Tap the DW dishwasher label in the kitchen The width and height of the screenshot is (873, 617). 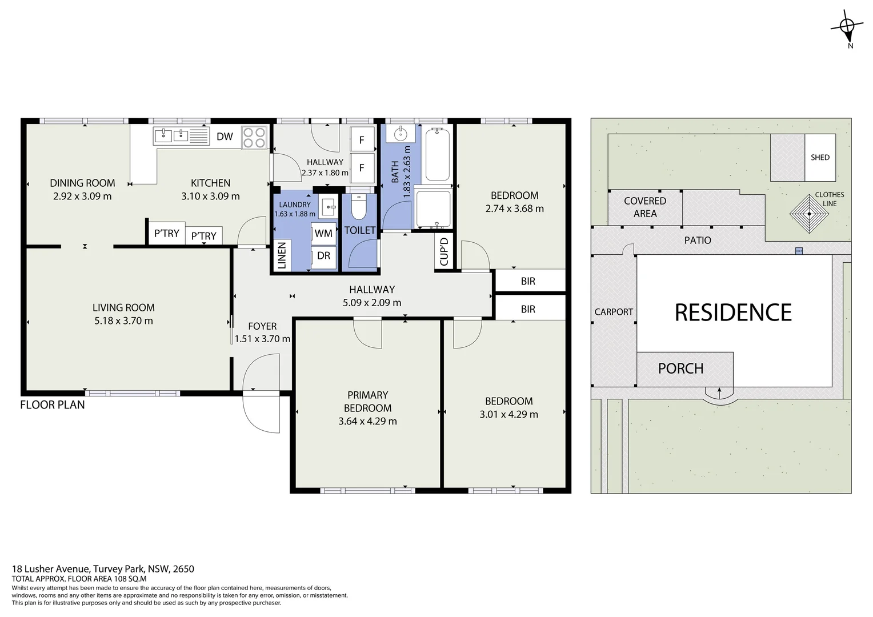click(225, 137)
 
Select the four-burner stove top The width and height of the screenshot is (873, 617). click(254, 137)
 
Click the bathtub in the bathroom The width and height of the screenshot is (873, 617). click(437, 155)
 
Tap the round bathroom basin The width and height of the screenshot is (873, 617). click(401, 134)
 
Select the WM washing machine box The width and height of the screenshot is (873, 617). click(323, 233)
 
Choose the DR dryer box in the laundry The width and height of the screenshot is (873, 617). click(323, 256)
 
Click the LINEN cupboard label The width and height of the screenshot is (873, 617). click(282, 255)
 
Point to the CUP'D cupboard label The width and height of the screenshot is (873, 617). click(444, 251)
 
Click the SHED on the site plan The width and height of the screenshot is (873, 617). click(820, 158)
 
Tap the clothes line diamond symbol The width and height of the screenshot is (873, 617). click(809, 214)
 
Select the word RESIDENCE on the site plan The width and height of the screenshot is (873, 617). click(733, 312)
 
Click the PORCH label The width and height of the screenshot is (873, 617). click(680, 368)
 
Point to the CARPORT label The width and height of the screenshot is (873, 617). click(614, 312)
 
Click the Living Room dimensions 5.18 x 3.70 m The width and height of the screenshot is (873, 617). click(123, 320)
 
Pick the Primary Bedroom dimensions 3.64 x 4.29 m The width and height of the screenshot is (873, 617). click(367, 421)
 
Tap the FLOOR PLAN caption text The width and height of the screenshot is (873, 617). click(52, 404)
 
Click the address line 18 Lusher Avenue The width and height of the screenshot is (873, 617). click(103, 568)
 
